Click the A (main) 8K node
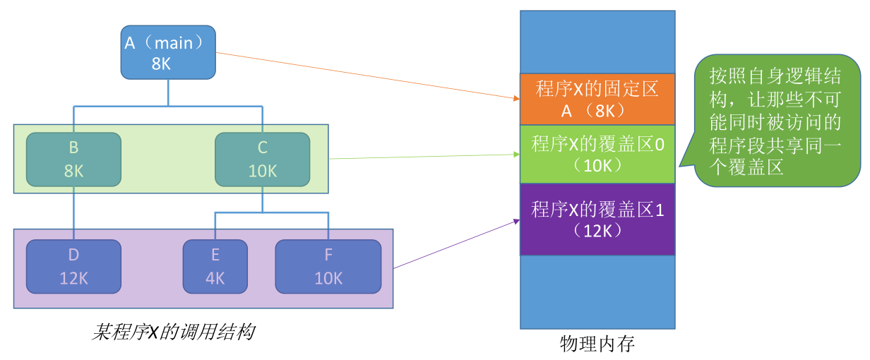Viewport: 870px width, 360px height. click(x=168, y=52)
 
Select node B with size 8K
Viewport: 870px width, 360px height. click(x=73, y=160)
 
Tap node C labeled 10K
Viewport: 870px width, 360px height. click(x=263, y=160)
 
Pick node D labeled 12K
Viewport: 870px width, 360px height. click(x=73, y=266)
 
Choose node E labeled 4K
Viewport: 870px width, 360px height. click(x=215, y=266)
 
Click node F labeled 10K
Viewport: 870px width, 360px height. click(x=328, y=266)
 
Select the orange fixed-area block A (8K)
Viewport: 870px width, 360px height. click(x=597, y=99)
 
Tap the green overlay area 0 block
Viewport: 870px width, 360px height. click(x=597, y=154)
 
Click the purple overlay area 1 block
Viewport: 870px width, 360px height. click(x=597, y=220)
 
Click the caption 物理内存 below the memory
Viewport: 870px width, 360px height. click(x=597, y=344)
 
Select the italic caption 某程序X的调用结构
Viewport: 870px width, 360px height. click(x=174, y=332)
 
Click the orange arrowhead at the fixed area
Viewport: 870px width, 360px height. click(x=517, y=99)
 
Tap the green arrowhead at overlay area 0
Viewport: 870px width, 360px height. click(x=517, y=154)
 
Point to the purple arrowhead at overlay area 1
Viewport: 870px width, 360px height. click(x=517, y=222)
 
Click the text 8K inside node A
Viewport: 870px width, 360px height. click(x=161, y=64)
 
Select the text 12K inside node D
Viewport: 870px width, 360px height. click(x=73, y=278)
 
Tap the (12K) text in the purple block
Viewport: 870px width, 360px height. click(x=597, y=231)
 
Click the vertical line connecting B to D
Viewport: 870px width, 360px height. click(x=73, y=213)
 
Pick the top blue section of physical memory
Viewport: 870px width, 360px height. click(x=597, y=42)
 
